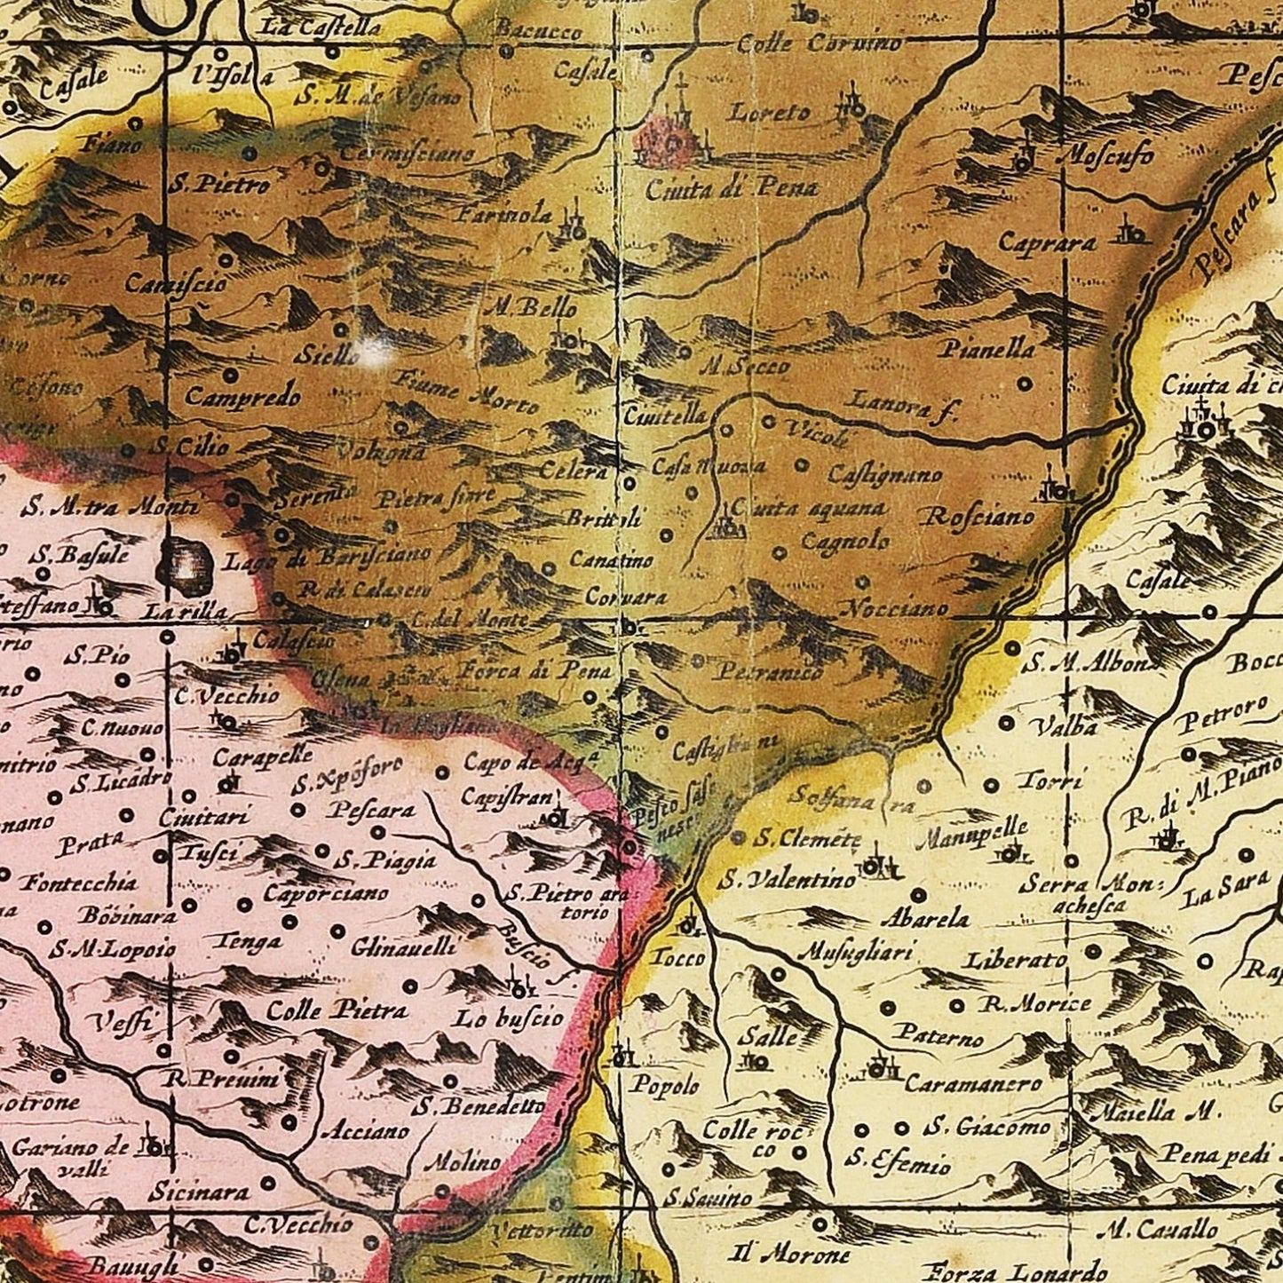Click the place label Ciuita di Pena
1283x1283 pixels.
[731, 187]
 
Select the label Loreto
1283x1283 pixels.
[770, 113]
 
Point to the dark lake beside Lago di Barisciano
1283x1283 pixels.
[185, 562]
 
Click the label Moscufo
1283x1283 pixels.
[1106, 156]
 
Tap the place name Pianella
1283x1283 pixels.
[987, 349]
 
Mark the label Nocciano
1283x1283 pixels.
[893, 609]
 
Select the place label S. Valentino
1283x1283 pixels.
[787, 880]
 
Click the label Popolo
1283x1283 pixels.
[665, 1085]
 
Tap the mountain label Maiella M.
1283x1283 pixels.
[1155, 1112]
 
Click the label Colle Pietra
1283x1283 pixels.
[337, 1010]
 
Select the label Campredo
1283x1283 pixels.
[242, 397]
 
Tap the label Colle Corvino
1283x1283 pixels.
[820, 43]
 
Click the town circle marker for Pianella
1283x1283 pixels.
[1024, 385]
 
